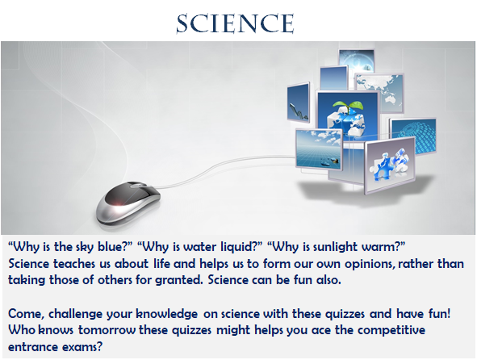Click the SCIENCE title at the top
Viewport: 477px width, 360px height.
(x=235, y=23)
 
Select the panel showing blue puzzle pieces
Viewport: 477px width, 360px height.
(x=390, y=165)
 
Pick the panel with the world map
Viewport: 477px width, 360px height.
(x=379, y=90)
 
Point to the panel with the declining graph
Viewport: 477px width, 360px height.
(x=299, y=103)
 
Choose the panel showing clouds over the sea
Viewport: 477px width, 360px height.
(x=319, y=149)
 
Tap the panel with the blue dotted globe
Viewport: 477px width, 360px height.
(x=413, y=136)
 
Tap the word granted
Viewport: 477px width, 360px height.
(x=178, y=280)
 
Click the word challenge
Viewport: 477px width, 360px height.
(x=76, y=314)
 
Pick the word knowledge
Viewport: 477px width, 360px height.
(x=167, y=314)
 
